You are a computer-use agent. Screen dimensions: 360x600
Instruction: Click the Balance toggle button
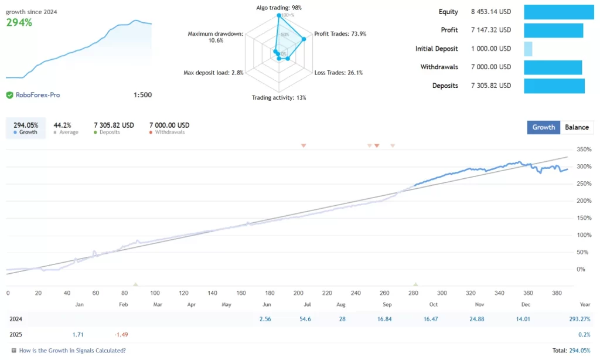[x=577, y=127]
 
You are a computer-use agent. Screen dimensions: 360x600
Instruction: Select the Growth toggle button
[x=544, y=127]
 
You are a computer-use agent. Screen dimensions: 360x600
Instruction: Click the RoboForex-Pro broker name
[x=37, y=95]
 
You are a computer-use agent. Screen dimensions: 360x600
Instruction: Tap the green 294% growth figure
[x=19, y=22]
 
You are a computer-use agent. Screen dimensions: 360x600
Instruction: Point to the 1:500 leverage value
[x=142, y=95]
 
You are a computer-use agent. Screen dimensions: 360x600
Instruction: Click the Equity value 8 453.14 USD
[x=490, y=12]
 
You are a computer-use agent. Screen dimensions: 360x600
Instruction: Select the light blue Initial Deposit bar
[x=528, y=49]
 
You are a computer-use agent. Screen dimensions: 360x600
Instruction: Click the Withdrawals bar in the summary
[x=553, y=67]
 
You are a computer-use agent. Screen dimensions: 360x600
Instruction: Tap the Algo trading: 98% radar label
[x=279, y=8]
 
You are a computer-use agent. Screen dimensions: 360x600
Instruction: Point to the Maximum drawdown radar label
[x=215, y=37]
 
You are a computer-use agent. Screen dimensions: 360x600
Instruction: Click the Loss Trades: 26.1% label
[x=339, y=73]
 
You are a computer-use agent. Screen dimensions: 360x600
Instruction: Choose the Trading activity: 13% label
[x=279, y=97]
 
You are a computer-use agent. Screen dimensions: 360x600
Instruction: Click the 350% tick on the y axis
[x=584, y=150]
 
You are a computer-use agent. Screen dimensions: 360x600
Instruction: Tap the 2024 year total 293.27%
[x=578, y=318]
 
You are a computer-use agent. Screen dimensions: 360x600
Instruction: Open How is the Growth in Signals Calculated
[x=72, y=351]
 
